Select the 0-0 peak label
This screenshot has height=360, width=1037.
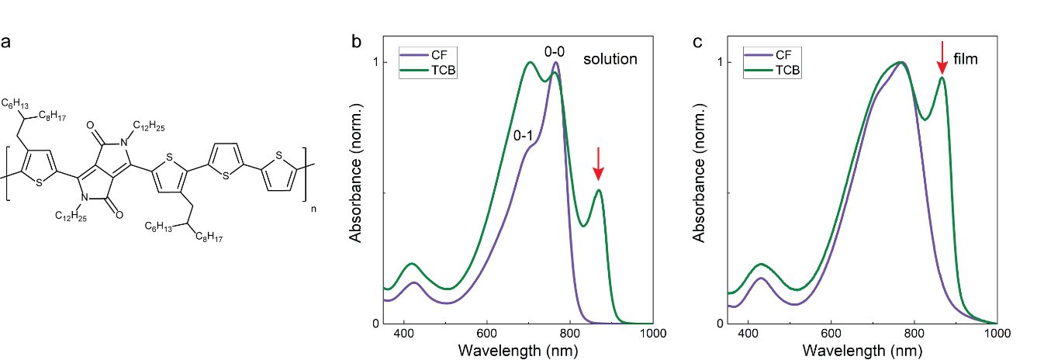pos(555,52)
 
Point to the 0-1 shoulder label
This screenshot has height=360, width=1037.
pos(522,135)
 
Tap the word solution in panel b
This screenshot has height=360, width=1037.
pos(610,59)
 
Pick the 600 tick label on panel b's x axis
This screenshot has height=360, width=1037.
pos(487,335)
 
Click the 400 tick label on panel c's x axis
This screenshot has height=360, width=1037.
pos(748,335)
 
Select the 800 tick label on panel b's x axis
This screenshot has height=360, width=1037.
pos(570,335)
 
